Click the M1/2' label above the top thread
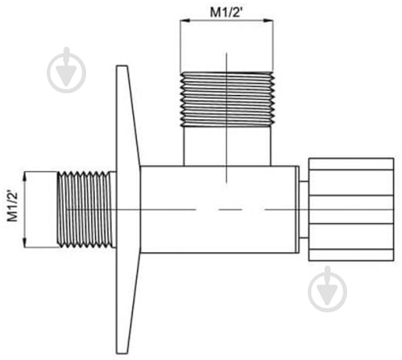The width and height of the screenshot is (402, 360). pyautogui.click(x=226, y=12)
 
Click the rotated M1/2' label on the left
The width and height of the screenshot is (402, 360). pyautogui.click(x=12, y=205)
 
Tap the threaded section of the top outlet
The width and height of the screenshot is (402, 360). pyautogui.click(x=227, y=99)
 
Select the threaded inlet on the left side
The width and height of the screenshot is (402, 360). pyautogui.click(x=86, y=209)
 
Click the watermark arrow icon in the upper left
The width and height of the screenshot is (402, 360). pyautogui.click(x=66, y=70)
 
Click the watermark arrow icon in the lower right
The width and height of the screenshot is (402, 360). pyautogui.click(x=327, y=289)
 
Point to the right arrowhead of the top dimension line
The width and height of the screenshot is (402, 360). pyautogui.click(x=268, y=20)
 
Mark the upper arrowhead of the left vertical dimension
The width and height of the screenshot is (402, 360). pyautogui.click(x=25, y=176)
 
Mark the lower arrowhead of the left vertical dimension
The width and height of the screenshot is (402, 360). pyautogui.click(x=25, y=242)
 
